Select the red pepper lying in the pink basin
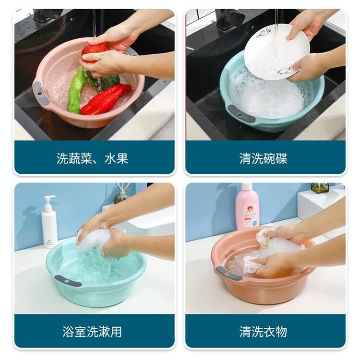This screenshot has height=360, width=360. coord(105,99)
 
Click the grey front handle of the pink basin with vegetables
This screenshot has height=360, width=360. coord(41,93)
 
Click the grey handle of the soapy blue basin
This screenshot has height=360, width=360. coord(241,114)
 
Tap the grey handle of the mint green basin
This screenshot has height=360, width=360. coord(68,281)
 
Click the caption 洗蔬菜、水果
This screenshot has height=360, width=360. coord(92,158)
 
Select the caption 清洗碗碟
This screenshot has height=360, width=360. coord(264,158)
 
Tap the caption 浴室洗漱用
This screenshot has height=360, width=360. coord(92,332)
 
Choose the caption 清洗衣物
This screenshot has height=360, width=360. coord(264,332)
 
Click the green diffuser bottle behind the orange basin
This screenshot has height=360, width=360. coord(320,188)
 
